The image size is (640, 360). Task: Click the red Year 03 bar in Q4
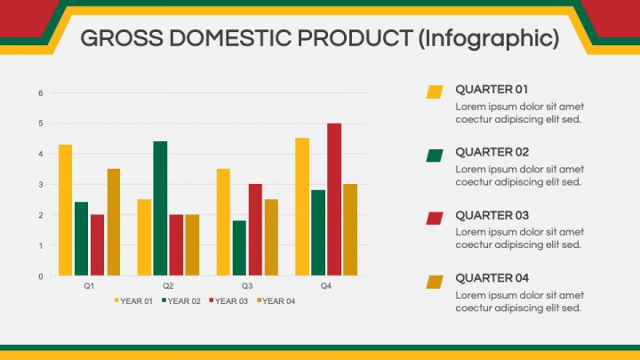(x=334, y=199)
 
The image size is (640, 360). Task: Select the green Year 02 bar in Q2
(x=160, y=208)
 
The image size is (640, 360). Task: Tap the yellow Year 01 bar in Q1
(x=65, y=210)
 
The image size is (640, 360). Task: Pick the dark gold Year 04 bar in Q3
(x=271, y=237)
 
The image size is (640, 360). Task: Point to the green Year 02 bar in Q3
(x=240, y=248)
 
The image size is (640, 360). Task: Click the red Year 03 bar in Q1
(x=97, y=245)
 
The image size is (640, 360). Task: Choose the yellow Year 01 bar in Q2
(x=145, y=237)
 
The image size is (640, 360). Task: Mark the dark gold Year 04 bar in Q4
(x=350, y=230)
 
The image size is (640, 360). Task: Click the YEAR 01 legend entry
(x=133, y=301)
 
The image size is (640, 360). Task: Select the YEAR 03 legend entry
(x=228, y=301)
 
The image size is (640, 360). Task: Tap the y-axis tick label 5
(x=41, y=124)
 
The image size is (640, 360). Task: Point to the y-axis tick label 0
(x=41, y=276)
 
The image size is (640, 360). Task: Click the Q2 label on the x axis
(x=168, y=285)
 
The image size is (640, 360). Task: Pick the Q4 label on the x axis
(x=325, y=285)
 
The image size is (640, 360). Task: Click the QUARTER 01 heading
(x=492, y=90)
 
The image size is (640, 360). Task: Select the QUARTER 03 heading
(x=492, y=215)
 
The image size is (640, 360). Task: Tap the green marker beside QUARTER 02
(x=435, y=156)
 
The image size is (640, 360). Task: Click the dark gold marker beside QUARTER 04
(x=435, y=282)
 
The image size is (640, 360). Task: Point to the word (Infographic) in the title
(x=489, y=39)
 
